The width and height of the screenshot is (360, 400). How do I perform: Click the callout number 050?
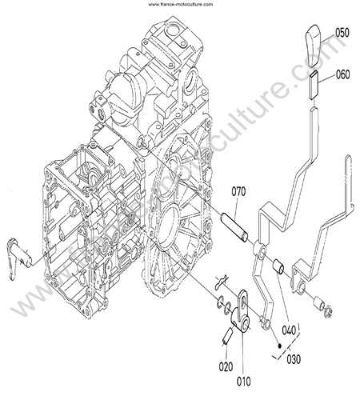tap(342, 33)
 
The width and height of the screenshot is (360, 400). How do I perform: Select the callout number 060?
tap(342, 74)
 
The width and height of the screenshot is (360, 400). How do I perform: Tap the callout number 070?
tap(238, 192)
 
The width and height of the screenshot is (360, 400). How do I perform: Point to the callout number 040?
tap(289, 330)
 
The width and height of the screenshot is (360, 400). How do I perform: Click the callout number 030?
tap(294, 358)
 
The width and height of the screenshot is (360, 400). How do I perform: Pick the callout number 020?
tap(226, 367)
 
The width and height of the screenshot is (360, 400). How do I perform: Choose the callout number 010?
tap(244, 381)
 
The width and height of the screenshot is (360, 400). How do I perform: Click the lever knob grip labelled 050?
tap(313, 46)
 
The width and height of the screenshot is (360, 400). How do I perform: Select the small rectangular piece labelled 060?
tap(314, 86)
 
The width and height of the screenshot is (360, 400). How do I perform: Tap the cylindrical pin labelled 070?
tap(234, 226)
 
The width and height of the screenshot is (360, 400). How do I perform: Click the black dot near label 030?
tap(279, 346)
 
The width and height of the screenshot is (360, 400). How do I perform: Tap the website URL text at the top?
tap(181, 4)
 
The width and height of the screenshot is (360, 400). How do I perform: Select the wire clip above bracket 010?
tap(222, 282)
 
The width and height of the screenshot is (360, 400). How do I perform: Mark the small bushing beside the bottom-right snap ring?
tap(318, 302)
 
